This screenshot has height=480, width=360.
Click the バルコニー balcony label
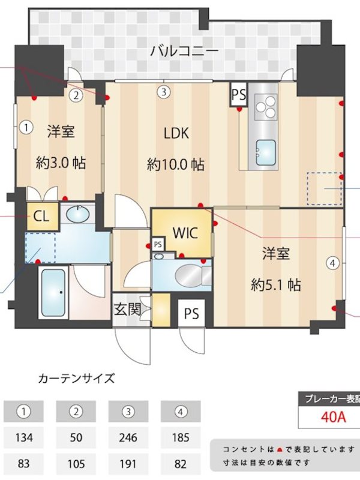point(184,51)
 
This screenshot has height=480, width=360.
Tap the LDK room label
point(176,133)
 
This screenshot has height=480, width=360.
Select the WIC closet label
point(185,233)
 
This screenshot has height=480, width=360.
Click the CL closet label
point(41,217)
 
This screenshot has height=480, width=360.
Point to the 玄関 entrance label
point(127,310)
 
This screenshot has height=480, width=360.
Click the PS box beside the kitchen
point(239,95)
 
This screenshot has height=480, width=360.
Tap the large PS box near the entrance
point(191,313)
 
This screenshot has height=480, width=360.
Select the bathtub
point(53,293)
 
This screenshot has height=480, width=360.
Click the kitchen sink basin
point(266,152)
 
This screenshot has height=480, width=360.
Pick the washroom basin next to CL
point(78,214)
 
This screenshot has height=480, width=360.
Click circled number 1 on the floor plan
point(26,127)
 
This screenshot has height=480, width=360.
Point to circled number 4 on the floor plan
point(333,263)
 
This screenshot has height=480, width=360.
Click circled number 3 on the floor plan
point(164,91)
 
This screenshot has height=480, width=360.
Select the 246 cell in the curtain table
point(128,437)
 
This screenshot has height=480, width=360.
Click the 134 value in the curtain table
point(23,437)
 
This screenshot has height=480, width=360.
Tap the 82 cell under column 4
point(181,464)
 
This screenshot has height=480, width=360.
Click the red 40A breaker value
point(334,416)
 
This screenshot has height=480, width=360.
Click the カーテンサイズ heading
point(76,379)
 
